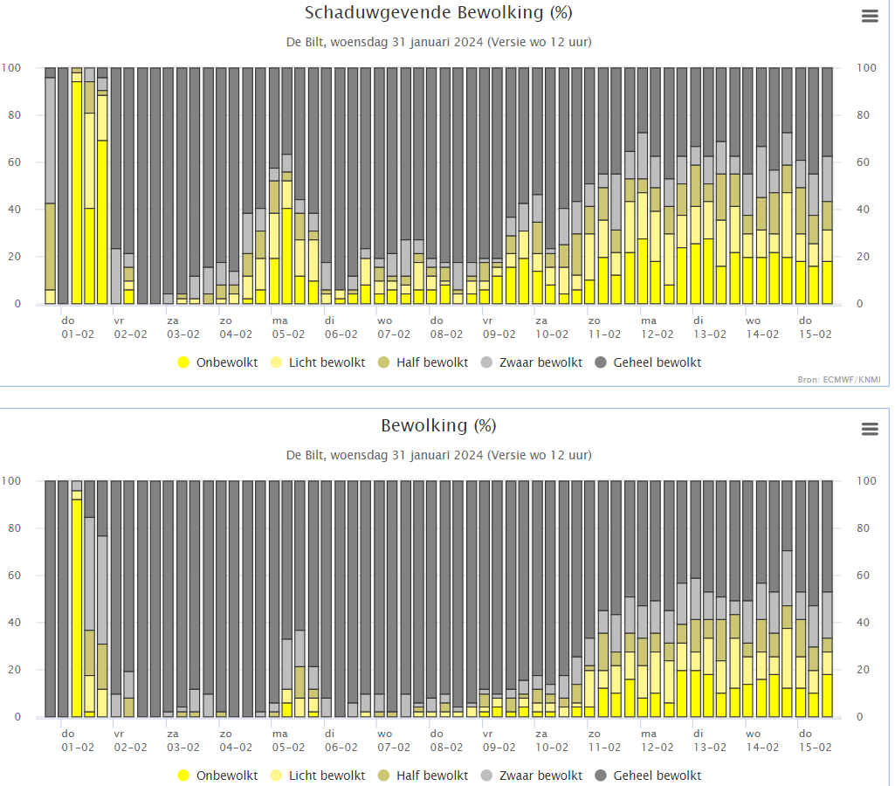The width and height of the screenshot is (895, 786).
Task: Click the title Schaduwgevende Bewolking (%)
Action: pos(438,12)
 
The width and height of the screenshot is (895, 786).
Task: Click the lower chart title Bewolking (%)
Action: pos(438,426)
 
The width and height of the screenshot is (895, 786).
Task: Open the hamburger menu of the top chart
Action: pos(870,16)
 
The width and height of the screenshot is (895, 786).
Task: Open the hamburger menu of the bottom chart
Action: pos(870,430)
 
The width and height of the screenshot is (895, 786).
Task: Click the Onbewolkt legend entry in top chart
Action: pos(218,362)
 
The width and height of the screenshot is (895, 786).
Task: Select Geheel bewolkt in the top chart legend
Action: pos(649,362)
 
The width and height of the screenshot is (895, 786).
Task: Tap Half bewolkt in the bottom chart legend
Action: pos(423,776)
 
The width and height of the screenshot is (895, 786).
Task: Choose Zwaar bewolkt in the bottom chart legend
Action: pos(532,776)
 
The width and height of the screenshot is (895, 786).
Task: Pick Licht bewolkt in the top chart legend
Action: pos(318,362)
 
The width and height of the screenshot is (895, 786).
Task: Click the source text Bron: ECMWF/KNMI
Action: pos(839,380)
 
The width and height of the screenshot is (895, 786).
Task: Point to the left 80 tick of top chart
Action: pos(14,115)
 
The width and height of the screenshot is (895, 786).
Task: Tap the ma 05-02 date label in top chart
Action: pos(288,327)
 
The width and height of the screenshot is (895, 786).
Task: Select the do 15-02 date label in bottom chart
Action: pos(815,741)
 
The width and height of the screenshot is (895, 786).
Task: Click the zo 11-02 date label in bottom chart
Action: pos(604,741)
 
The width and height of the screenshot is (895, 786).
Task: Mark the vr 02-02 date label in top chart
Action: pos(130,327)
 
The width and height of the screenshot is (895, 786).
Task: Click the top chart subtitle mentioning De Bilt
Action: pos(438,42)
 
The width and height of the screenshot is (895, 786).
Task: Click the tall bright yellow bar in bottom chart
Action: pos(77,609)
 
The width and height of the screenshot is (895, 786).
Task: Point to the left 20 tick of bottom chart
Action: pos(14,670)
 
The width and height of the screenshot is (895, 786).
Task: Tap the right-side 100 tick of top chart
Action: pos(866,68)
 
